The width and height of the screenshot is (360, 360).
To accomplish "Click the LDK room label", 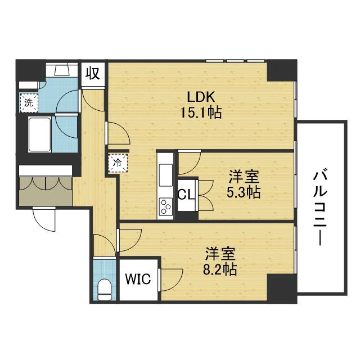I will [x=200, y=96].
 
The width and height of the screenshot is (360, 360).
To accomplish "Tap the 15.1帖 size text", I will [x=201, y=112].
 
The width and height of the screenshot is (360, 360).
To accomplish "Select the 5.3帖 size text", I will [x=243, y=192].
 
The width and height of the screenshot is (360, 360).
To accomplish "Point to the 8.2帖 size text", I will [x=219, y=269].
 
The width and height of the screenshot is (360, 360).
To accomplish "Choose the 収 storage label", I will [x=93, y=73].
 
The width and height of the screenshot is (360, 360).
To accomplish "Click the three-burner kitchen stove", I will [x=167, y=207].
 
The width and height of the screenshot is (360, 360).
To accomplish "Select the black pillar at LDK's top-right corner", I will [x=281, y=70].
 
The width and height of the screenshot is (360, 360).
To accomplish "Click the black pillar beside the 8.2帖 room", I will [x=282, y=288].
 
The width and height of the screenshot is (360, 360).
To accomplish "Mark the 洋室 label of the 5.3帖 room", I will [x=244, y=177].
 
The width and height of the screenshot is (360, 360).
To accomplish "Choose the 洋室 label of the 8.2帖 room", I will [x=220, y=253].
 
